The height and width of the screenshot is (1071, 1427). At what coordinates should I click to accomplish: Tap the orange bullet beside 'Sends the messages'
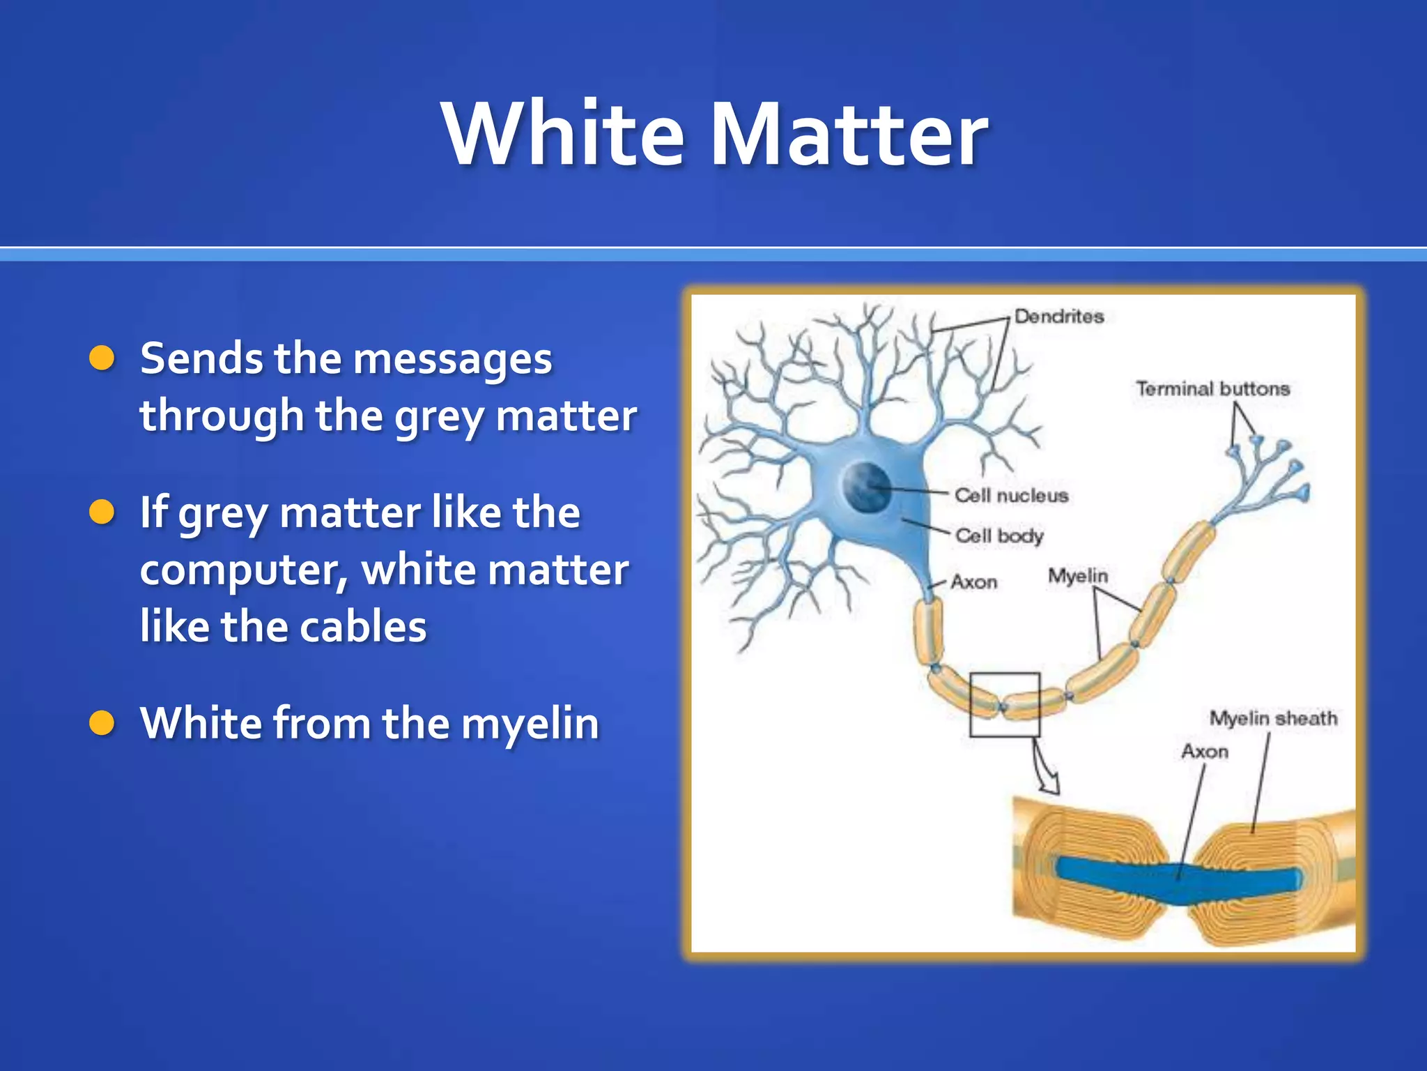[102, 358]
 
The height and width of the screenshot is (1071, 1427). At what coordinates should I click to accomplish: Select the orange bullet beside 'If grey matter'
[102, 512]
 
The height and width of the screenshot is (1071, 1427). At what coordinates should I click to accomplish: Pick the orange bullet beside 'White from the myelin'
[102, 723]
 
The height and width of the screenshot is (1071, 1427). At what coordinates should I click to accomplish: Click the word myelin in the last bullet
[530, 723]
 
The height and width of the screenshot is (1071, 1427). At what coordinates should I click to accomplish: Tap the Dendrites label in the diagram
[1059, 317]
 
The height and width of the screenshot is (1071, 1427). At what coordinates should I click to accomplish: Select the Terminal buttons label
[1213, 388]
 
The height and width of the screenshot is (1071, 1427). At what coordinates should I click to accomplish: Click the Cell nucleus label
[1011, 496]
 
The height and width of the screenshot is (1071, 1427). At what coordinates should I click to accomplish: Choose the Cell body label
[999, 535]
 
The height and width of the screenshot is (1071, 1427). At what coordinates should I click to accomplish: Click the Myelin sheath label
[1273, 718]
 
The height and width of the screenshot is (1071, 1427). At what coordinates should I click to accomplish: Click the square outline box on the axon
[1005, 704]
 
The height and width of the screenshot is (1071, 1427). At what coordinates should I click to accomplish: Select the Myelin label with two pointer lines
[1077, 576]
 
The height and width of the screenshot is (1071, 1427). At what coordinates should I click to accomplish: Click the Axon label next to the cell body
[974, 582]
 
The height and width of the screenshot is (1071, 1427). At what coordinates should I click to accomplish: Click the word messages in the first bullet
[452, 359]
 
